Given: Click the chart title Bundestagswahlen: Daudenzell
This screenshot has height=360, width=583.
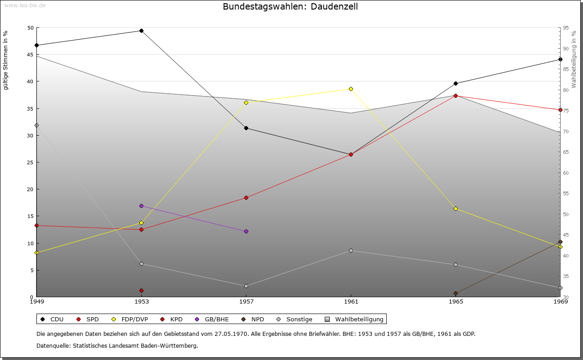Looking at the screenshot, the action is click(x=290, y=6).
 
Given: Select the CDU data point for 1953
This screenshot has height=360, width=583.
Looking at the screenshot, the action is click(x=141, y=30).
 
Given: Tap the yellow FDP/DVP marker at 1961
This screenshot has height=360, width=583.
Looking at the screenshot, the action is click(x=351, y=89).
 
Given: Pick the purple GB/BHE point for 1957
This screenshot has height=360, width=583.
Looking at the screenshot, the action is click(x=246, y=231).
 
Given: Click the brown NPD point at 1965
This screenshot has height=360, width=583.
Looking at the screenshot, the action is click(x=455, y=293).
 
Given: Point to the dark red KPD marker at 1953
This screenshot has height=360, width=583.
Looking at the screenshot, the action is click(x=141, y=290).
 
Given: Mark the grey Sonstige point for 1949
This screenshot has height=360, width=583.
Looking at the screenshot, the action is click(x=37, y=125).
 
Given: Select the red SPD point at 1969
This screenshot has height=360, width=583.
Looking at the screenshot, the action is click(x=560, y=110).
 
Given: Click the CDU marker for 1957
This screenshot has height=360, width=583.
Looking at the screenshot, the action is click(x=246, y=128).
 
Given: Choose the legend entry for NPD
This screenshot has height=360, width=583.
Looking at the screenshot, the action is click(x=253, y=319).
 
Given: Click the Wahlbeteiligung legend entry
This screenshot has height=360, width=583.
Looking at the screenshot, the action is click(x=354, y=319).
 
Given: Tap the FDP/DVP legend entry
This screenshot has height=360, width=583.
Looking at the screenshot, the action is click(x=130, y=319).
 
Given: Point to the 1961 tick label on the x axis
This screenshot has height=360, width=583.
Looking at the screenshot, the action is click(x=351, y=302).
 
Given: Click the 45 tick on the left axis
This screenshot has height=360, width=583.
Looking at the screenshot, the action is click(x=30, y=55).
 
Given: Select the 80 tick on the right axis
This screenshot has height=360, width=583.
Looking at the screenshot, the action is click(x=566, y=90).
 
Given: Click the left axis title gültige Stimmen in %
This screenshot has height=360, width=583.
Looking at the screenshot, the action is click(x=5, y=61).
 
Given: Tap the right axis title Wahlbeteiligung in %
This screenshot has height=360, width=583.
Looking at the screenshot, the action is click(x=574, y=59).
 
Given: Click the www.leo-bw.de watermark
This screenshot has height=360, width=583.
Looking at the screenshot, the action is click(x=25, y=5).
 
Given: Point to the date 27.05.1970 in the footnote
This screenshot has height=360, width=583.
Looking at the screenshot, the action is click(x=231, y=334).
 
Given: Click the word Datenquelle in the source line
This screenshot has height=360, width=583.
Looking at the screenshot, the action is click(x=54, y=346).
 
